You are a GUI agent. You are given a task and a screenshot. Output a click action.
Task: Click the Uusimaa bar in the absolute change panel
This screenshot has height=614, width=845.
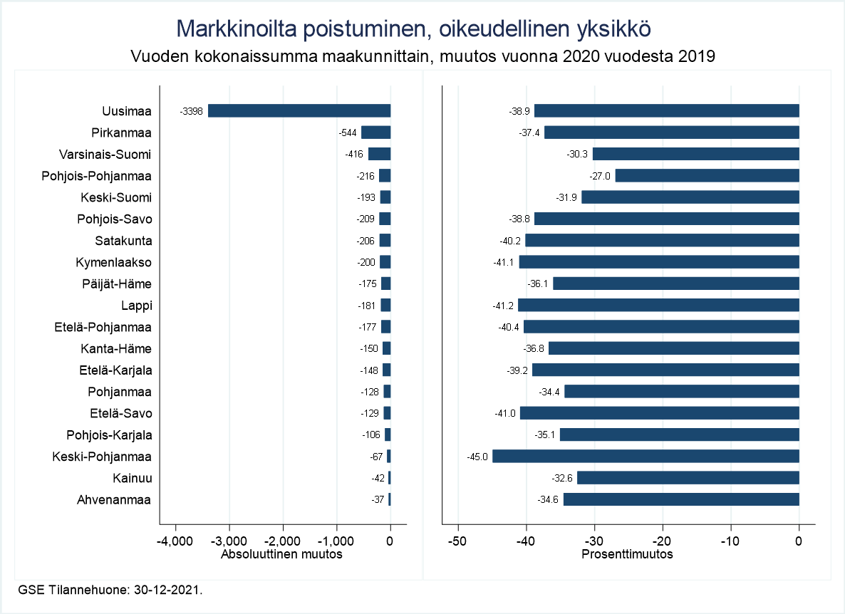299,110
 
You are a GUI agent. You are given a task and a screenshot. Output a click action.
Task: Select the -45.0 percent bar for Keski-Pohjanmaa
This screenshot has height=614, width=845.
646,456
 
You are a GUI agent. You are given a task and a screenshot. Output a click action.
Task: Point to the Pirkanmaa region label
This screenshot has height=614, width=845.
121,132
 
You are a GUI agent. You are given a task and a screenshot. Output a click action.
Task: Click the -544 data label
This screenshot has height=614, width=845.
348,132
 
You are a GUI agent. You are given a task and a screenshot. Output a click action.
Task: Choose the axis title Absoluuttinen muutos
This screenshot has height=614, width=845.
282,554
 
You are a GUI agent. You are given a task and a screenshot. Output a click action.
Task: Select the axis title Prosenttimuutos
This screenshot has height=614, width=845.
628,554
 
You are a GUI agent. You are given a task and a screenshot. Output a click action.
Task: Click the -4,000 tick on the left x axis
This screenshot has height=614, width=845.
175,541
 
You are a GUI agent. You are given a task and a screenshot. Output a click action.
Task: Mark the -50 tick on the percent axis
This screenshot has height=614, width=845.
458,541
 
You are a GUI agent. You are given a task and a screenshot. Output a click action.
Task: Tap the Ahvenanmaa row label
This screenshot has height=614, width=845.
114,500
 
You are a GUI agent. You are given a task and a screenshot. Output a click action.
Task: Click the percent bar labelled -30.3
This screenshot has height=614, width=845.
696,154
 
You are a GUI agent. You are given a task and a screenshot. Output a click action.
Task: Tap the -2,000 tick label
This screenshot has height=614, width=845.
283,541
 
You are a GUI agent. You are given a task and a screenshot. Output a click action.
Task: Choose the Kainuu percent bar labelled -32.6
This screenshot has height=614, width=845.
688,478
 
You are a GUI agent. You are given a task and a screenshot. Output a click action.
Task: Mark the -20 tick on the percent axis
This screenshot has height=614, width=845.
663,541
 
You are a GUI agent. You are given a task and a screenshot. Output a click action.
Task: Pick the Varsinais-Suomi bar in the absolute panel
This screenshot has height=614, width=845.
379,154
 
